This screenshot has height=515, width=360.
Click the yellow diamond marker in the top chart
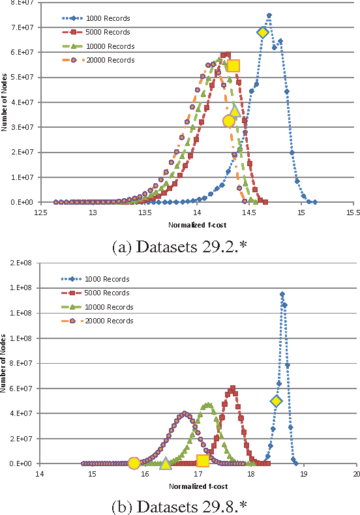click(x=263, y=33)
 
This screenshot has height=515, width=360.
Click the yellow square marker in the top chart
click(x=233, y=65)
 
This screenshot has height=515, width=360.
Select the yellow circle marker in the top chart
click(x=228, y=121)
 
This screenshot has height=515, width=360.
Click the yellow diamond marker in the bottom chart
click(x=277, y=401)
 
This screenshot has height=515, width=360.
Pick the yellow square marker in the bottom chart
click(x=203, y=461)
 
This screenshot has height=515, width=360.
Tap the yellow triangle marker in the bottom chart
click(x=166, y=463)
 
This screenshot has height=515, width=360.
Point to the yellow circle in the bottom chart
click(x=134, y=463)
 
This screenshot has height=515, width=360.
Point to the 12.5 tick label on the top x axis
click(x=41, y=213)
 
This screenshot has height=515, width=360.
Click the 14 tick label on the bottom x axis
click(x=40, y=474)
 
